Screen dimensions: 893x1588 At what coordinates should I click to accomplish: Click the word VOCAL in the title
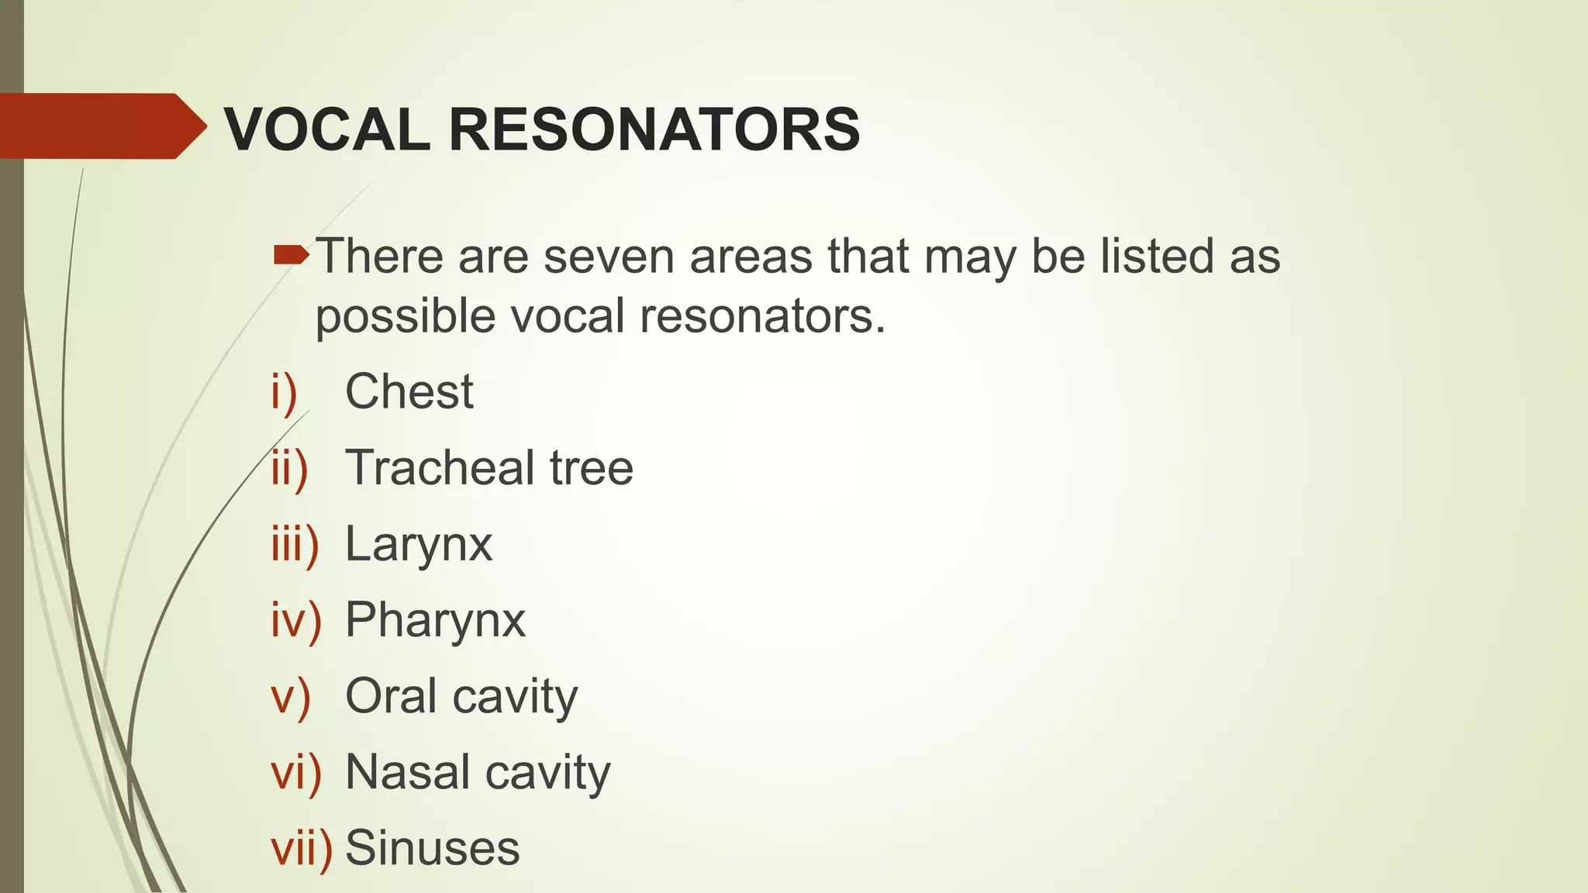click(x=326, y=129)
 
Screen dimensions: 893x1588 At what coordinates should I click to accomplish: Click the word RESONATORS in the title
click(x=654, y=129)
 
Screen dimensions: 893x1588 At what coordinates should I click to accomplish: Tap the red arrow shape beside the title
click(x=101, y=126)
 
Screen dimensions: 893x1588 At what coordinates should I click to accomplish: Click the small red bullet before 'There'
click(x=291, y=254)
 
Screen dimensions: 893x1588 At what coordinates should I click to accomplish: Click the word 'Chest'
click(x=409, y=391)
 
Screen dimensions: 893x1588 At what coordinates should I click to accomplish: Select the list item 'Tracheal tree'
click(x=488, y=467)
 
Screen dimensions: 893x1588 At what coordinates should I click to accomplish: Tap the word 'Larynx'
click(x=419, y=544)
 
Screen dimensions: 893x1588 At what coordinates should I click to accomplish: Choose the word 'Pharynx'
click(x=435, y=620)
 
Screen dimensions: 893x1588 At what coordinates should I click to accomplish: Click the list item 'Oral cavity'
click(x=461, y=696)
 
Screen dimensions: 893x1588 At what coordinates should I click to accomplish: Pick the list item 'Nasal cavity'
click(x=478, y=772)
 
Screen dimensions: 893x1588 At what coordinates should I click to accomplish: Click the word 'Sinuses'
click(x=432, y=848)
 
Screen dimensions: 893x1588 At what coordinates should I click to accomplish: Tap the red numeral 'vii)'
click(x=301, y=848)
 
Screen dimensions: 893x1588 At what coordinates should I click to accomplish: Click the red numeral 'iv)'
click(x=295, y=620)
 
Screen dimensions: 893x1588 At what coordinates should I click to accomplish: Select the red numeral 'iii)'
click(x=295, y=544)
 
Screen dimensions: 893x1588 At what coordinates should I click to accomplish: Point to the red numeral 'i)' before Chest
click(x=284, y=391)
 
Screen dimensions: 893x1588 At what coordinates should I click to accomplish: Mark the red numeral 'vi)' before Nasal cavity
click(x=295, y=772)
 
